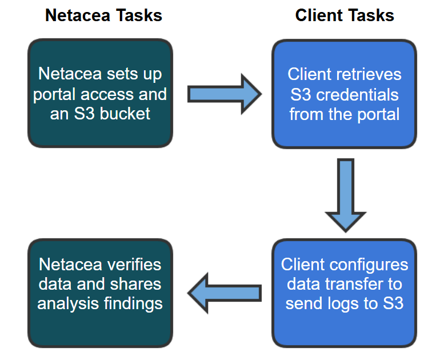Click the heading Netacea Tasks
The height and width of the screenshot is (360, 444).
[103, 15]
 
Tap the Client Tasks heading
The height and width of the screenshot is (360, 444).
[345, 15]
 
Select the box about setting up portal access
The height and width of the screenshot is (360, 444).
[100, 93]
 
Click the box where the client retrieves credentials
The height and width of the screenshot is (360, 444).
[344, 93]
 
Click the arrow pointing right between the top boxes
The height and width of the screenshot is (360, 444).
[223, 94]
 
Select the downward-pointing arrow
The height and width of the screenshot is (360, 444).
[345, 195]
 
